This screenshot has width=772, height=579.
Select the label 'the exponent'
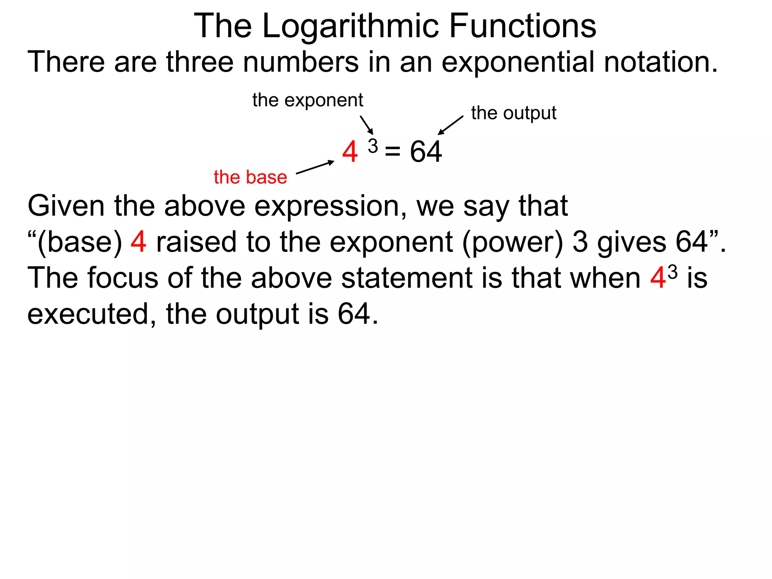308,100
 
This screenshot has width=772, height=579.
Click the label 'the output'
513,113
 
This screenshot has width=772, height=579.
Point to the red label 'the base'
250,177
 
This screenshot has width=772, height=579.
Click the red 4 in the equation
350,152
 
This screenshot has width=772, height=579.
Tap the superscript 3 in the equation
373,146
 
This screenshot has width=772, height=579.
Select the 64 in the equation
426,152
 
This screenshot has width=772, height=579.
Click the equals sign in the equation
392,152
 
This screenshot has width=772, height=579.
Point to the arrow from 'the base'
315,167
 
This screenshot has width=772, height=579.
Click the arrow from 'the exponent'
366,125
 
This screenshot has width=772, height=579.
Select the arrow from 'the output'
450,125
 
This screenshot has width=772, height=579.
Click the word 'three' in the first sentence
200,62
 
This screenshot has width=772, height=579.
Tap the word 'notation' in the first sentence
660,62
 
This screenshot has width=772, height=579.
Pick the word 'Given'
66,207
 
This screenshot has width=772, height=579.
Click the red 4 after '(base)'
138,242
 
